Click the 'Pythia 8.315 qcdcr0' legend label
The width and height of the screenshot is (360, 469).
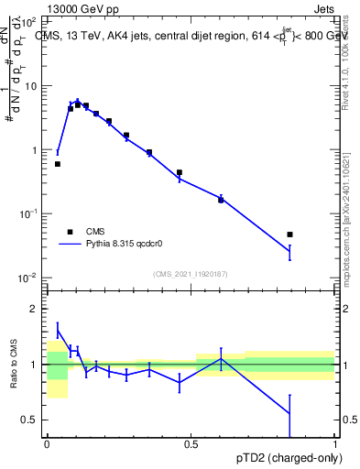pos(133,245)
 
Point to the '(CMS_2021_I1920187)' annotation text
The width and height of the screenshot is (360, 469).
pos(190,274)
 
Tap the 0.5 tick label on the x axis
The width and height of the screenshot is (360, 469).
pos(191,443)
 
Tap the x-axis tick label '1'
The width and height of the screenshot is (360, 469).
pos(334,443)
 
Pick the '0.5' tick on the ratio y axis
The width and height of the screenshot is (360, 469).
pos(29,420)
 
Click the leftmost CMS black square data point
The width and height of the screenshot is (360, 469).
pos(58,164)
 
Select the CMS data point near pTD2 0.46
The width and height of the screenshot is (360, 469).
pos(180,172)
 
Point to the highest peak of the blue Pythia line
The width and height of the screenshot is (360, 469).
pos(77,101)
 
